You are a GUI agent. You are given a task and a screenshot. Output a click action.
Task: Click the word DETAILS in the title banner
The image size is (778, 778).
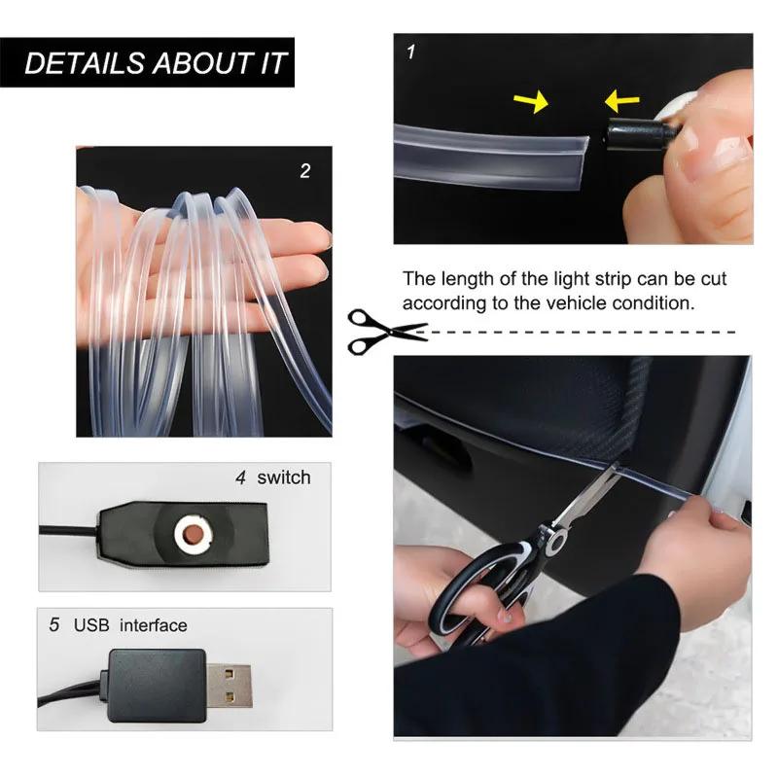coord(84,64)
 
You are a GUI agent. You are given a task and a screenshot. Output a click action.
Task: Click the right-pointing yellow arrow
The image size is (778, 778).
coord(533,100)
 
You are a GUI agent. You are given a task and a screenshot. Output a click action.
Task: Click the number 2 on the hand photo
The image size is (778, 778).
coord(305,171)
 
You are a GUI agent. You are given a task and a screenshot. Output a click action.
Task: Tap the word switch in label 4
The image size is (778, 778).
coord(284,477)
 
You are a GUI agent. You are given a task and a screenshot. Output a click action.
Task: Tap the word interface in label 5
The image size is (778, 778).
coord(153,625)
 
